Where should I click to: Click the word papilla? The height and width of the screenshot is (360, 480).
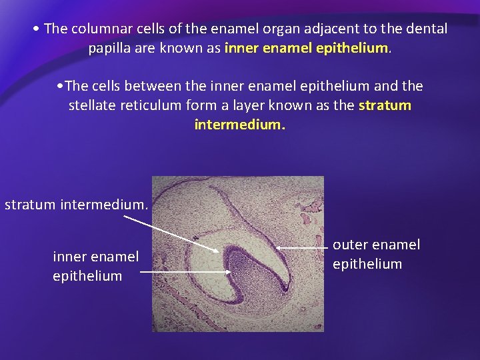pyautogui.click(x=110, y=48)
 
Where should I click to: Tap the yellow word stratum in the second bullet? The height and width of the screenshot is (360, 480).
pyautogui.click(x=385, y=105)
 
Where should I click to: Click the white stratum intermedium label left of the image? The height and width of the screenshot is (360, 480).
pyautogui.click(x=77, y=204)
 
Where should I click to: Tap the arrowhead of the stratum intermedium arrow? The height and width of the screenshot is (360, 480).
pyautogui.click(x=217, y=251)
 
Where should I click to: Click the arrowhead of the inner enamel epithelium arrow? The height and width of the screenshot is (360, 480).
pyautogui.click(x=229, y=272)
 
